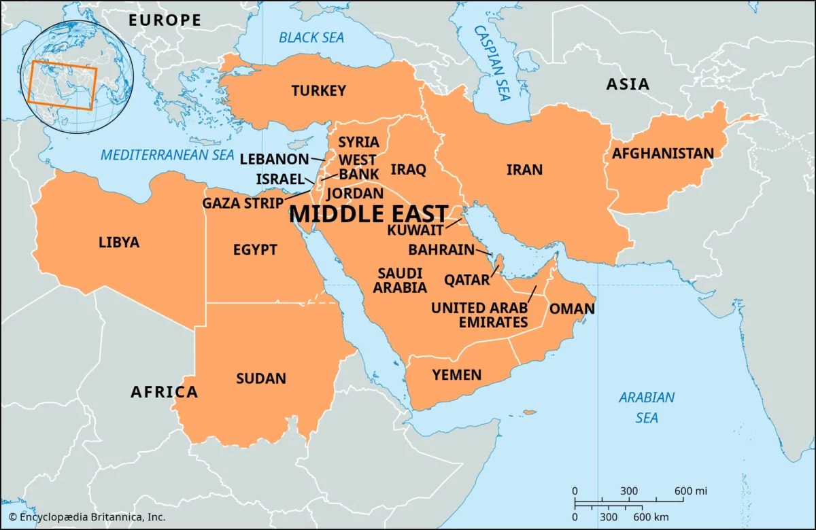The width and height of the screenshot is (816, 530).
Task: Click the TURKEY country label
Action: point(319,90)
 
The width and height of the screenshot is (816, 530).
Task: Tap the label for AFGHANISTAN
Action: point(662,154)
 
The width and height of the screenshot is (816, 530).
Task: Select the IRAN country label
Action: point(524,170)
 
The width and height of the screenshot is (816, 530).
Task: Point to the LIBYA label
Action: point(119,242)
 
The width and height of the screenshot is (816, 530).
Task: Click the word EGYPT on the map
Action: point(255,250)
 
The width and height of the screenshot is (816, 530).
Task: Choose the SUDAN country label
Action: point(261,378)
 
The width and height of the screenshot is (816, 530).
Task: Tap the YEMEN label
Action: point(456,375)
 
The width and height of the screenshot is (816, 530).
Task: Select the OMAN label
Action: point(572,308)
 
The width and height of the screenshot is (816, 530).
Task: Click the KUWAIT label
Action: point(415,230)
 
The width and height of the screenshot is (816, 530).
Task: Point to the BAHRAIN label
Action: point(441,249)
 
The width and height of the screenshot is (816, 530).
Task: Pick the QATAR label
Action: point(466,279)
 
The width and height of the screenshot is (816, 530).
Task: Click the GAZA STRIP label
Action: point(242,202)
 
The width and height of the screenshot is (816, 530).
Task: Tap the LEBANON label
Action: point(275,159)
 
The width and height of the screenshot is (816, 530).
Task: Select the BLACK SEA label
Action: point(311,37)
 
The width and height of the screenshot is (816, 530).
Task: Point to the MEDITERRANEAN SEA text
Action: point(167,155)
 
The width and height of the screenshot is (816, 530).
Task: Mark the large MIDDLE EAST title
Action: point(369,213)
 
